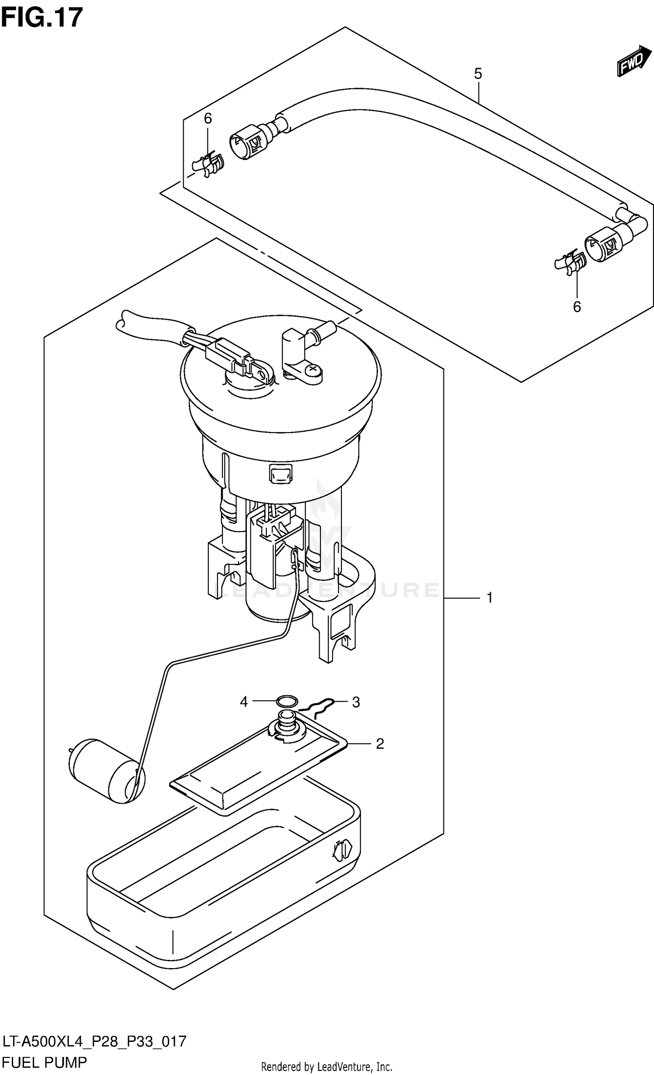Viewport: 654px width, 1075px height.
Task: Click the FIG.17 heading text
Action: click(42, 17)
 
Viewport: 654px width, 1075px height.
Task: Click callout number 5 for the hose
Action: click(478, 74)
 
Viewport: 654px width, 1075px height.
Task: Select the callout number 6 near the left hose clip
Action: click(208, 118)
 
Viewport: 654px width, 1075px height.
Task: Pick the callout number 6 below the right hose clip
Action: click(577, 307)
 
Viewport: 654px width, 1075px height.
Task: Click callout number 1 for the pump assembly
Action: click(490, 597)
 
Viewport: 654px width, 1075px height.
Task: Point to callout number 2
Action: click(380, 744)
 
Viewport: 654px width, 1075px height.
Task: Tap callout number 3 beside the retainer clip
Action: click(356, 702)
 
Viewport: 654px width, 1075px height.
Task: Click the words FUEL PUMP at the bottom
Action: click(44, 1061)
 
